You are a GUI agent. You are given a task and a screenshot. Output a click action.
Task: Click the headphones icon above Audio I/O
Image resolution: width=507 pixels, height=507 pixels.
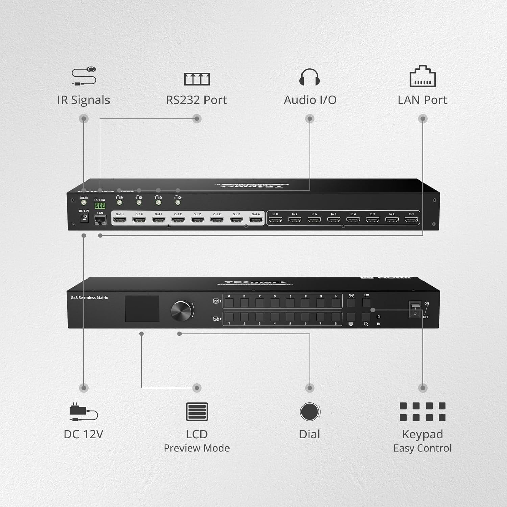(310, 77)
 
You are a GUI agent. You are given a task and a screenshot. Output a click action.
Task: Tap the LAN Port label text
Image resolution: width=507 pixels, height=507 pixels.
(422, 100)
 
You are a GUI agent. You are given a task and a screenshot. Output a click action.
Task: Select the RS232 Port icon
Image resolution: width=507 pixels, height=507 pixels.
(197, 79)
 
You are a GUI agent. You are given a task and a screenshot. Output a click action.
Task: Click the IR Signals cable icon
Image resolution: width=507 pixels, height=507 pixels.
(84, 76)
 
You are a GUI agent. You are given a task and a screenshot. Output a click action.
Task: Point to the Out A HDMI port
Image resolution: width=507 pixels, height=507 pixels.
(256, 220)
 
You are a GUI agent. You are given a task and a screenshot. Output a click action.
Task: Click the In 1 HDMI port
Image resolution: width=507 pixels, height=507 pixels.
(411, 220)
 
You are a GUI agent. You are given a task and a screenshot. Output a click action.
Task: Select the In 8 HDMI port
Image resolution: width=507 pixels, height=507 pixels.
(275, 220)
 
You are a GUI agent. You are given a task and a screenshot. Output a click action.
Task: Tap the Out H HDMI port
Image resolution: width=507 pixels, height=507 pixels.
(120, 220)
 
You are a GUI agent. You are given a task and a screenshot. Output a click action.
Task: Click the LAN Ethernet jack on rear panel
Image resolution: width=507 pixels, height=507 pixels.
(100, 220)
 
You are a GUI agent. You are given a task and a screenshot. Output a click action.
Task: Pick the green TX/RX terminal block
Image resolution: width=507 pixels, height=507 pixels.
(100, 206)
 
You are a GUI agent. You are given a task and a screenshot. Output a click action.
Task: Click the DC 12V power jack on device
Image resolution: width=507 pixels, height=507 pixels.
(83, 218)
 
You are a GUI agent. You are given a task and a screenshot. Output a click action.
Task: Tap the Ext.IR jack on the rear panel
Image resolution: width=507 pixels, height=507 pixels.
(83, 203)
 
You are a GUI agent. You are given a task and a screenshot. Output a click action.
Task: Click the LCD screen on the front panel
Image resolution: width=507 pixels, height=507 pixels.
(142, 309)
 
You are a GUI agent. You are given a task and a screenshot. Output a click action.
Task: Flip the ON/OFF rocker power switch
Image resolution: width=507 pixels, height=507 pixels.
(415, 309)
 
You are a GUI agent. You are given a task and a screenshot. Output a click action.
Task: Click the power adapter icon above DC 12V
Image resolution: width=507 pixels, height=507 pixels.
(83, 412)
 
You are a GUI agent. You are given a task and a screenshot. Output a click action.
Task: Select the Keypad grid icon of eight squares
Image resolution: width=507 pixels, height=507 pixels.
(422, 412)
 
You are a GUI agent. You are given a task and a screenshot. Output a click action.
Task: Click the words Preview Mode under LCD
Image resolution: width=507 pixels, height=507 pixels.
(197, 448)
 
